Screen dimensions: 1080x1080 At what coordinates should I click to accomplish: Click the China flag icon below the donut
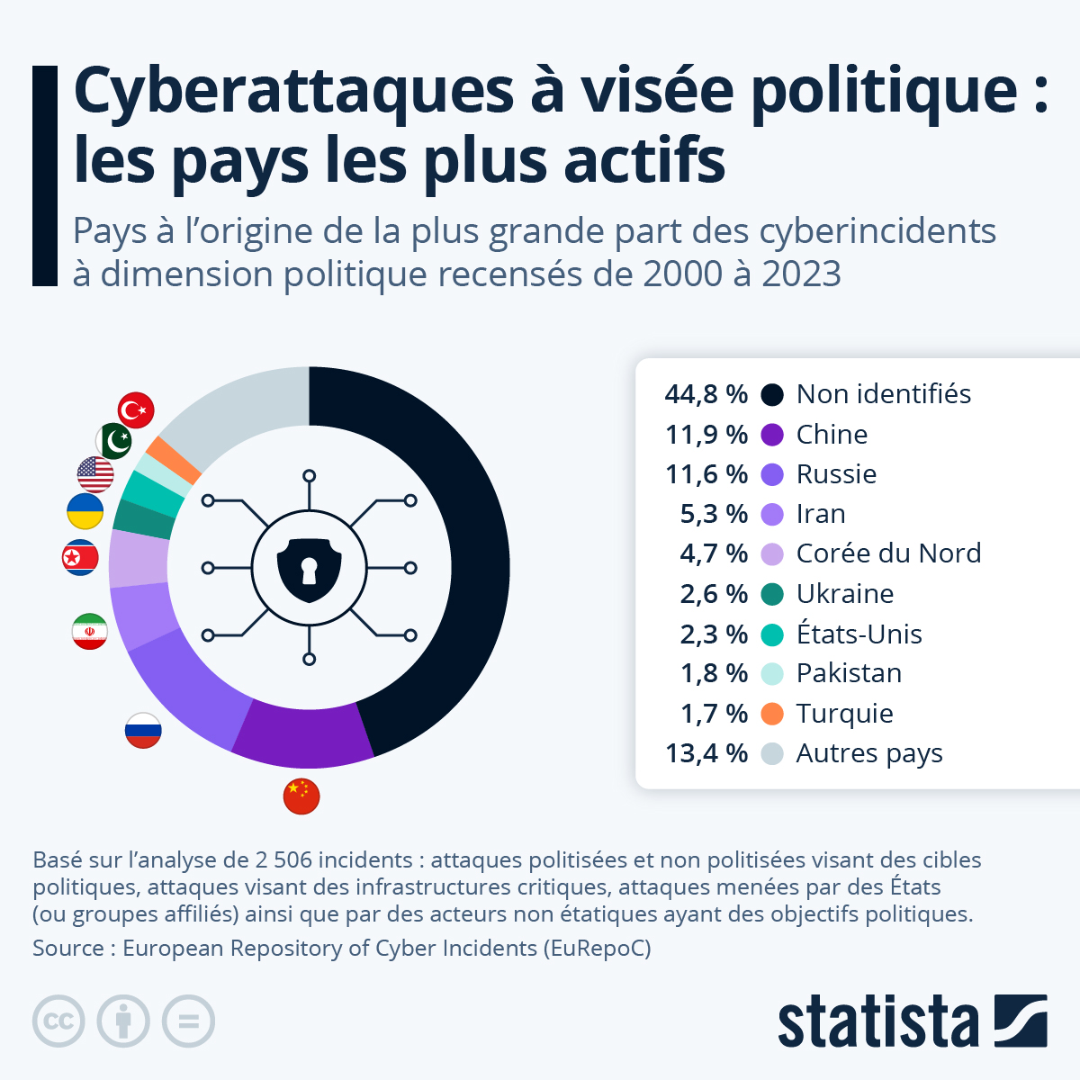(301, 796)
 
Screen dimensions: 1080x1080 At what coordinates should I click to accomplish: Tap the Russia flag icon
(143, 730)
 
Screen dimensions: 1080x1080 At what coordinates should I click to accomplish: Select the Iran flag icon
(90, 632)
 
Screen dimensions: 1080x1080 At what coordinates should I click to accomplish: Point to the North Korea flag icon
(80, 558)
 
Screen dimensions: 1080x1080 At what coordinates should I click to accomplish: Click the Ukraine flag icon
(85, 511)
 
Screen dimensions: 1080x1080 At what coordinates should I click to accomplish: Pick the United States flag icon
(95, 474)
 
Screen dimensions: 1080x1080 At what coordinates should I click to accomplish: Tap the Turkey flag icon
(136, 410)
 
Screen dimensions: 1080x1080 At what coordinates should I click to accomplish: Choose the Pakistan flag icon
(114, 441)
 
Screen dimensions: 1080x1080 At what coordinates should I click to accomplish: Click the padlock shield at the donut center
(309, 569)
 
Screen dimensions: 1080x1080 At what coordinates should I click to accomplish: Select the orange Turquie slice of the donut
(174, 459)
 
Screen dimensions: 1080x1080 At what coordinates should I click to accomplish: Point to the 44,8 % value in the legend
(706, 394)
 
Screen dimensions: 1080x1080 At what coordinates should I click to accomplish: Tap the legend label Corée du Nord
(888, 553)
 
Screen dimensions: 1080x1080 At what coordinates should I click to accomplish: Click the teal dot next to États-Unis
(772, 634)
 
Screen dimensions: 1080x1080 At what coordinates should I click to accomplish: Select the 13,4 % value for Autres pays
(706, 753)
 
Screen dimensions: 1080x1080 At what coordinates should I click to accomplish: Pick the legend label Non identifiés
(883, 394)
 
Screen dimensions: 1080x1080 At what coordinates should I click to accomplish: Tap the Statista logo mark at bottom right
(1021, 1021)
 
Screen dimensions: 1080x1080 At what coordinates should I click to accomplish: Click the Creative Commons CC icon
(58, 1021)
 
